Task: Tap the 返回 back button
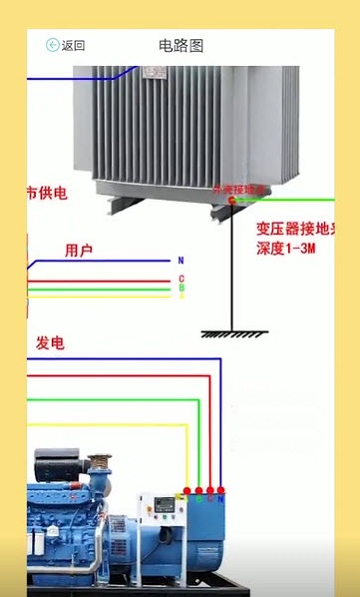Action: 65,45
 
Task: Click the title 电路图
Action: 180,45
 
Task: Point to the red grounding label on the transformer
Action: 240,188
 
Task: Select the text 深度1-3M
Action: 285,246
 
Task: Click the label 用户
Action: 79,251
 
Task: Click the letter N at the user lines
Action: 181,260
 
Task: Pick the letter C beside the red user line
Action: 181,279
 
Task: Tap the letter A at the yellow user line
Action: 181,296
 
